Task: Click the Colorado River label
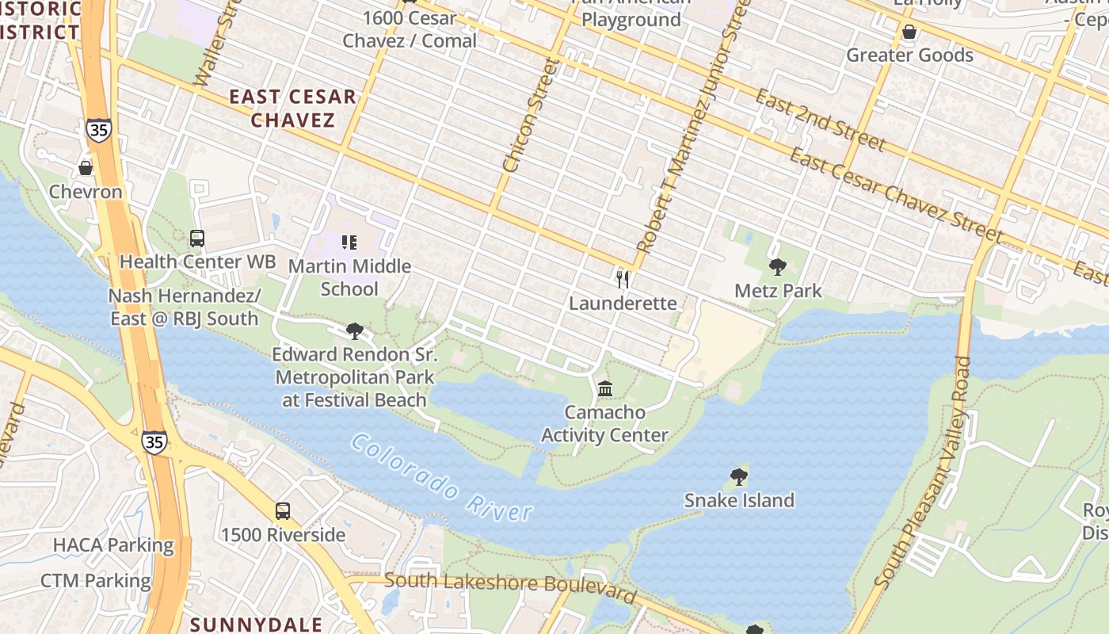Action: point(442,478)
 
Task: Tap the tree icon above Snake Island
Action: point(738,476)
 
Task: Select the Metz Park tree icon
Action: point(777,267)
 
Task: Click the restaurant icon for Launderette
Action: point(623,279)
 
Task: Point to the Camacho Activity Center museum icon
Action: point(605,388)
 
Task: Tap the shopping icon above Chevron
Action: point(86,168)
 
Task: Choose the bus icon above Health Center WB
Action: point(197,238)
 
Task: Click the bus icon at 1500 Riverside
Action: point(283,511)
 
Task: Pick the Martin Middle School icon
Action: point(349,242)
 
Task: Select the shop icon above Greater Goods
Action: point(909,32)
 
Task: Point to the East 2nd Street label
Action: point(820,120)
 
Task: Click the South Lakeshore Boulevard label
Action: point(511,587)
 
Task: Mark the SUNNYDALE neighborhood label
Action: point(256,624)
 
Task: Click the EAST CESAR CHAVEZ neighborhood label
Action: point(293,109)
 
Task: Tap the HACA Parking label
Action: point(113,545)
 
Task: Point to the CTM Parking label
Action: point(95,581)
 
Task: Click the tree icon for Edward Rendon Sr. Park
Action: point(355,330)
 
